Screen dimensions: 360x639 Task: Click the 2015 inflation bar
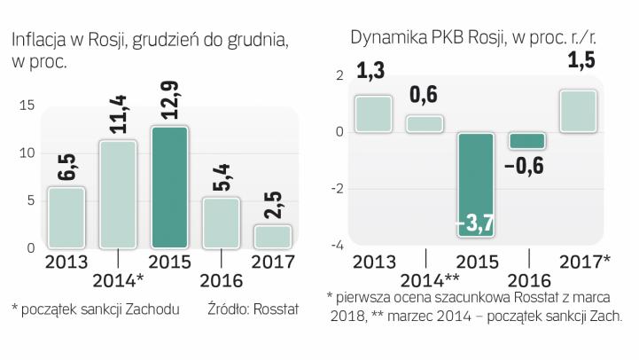[x=169, y=187]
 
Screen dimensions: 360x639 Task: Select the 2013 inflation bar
[x=66, y=217]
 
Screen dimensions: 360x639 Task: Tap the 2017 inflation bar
[x=271, y=236]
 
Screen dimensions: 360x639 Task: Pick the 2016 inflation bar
[x=221, y=223]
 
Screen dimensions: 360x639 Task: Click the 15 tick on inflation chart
[x=27, y=106]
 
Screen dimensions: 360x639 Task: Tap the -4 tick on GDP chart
[x=336, y=246]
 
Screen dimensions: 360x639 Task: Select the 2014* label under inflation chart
[x=121, y=282]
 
